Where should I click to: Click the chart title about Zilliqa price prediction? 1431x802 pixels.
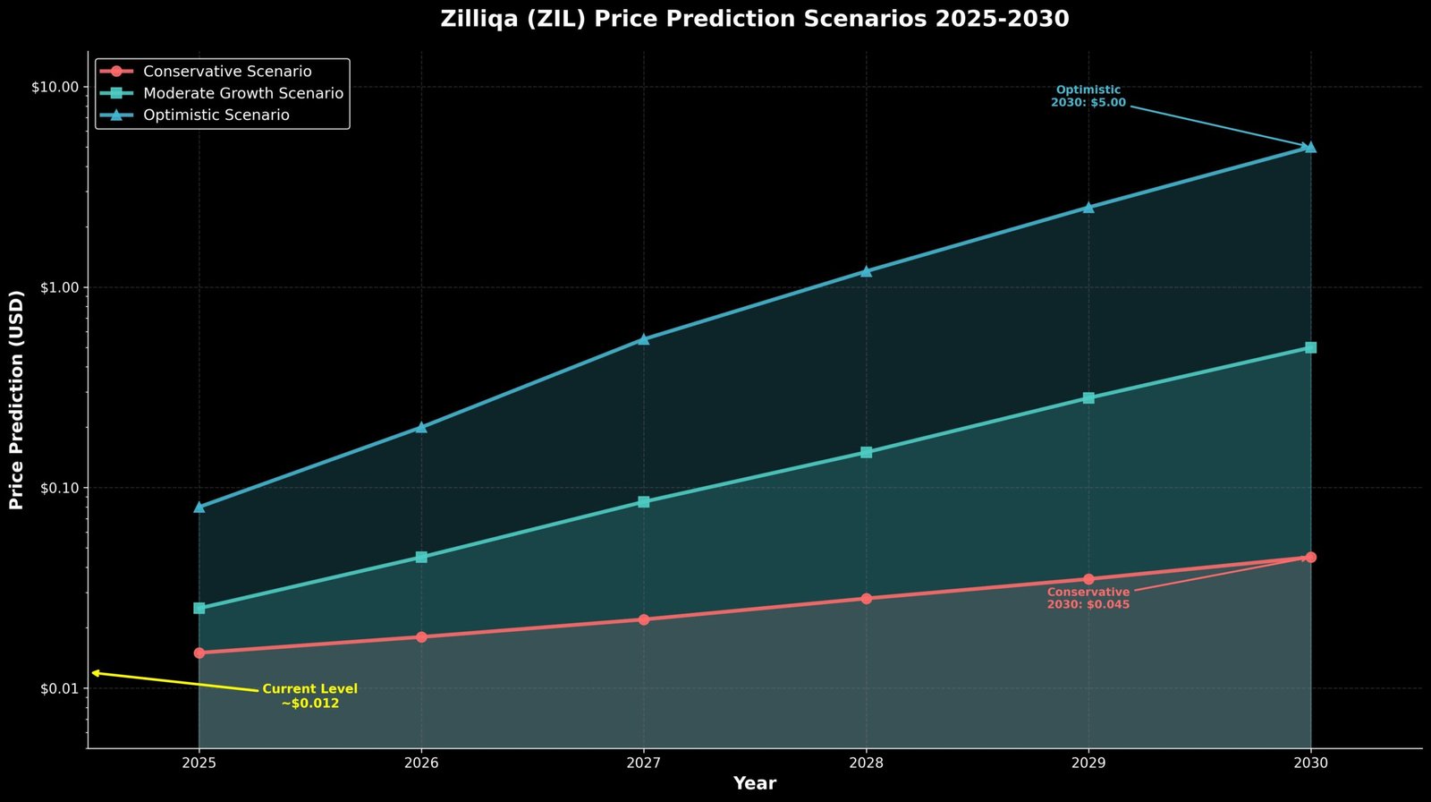click(x=754, y=19)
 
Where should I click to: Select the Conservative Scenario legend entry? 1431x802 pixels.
click(x=227, y=72)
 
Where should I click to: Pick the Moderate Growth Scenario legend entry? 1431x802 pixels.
click(x=243, y=93)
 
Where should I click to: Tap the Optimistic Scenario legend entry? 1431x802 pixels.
click(x=216, y=115)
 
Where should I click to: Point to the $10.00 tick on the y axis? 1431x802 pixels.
click(x=55, y=88)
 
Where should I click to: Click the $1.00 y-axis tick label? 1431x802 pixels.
click(x=58, y=288)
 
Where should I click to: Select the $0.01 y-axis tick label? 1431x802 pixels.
click(x=58, y=689)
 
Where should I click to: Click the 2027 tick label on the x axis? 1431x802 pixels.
click(x=643, y=764)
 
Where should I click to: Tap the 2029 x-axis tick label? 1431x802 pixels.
click(x=1088, y=764)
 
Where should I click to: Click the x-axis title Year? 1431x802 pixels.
click(x=754, y=784)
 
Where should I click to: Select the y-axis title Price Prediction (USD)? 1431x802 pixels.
click(x=16, y=400)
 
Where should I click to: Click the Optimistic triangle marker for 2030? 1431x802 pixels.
click(x=1310, y=147)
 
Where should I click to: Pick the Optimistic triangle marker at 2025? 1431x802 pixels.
click(x=199, y=507)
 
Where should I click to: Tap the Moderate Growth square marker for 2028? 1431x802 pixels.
click(x=866, y=452)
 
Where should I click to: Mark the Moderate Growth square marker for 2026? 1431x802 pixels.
click(x=421, y=557)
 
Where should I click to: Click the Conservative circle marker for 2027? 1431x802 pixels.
click(x=643, y=619)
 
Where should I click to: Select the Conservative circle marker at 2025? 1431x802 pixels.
click(x=199, y=653)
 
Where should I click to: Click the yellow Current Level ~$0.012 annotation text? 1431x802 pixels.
click(x=309, y=696)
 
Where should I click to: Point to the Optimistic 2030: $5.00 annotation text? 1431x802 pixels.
click(x=1088, y=97)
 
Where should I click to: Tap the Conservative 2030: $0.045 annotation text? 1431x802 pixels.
click(x=1088, y=599)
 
